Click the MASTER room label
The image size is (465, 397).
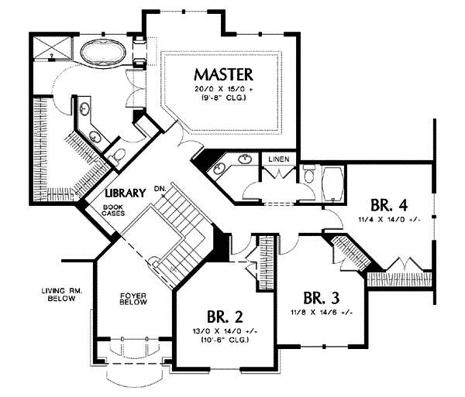[x=224, y=74]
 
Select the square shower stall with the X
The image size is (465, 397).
[x=52, y=48]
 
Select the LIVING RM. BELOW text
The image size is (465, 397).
[x=60, y=294]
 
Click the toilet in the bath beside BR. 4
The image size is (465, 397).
[x=308, y=176]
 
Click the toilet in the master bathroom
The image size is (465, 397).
[x=119, y=155]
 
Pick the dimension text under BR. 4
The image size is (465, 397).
[x=389, y=220]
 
